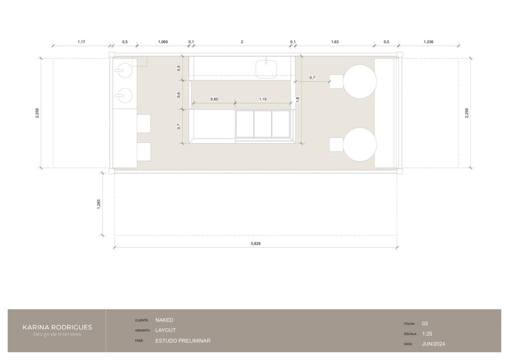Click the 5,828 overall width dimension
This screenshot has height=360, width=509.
[x=255, y=244]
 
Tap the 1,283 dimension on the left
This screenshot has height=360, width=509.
[x=99, y=204]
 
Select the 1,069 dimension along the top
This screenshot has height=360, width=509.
[x=163, y=42]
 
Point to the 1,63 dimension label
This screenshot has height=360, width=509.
[x=335, y=42]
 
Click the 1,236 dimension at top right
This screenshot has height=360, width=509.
[x=428, y=42]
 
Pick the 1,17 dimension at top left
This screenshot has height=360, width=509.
[x=81, y=42]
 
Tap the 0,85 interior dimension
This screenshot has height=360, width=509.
[x=214, y=99]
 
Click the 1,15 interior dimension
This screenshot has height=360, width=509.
[x=262, y=99]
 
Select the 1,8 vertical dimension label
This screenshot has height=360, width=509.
[x=298, y=99]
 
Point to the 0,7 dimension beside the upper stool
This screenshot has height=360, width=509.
[x=312, y=78]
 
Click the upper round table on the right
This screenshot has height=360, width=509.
[x=360, y=81]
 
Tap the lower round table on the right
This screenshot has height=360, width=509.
[x=360, y=145]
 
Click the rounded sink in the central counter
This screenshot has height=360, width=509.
[x=266, y=69]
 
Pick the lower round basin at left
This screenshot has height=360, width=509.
[x=124, y=95]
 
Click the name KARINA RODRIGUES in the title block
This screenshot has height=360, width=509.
[x=57, y=327]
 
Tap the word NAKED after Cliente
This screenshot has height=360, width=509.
[x=164, y=320]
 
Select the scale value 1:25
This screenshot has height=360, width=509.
[x=427, y=334]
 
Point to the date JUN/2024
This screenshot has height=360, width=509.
[x=433, y=344]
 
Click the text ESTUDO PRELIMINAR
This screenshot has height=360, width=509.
[x=183, y=341]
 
